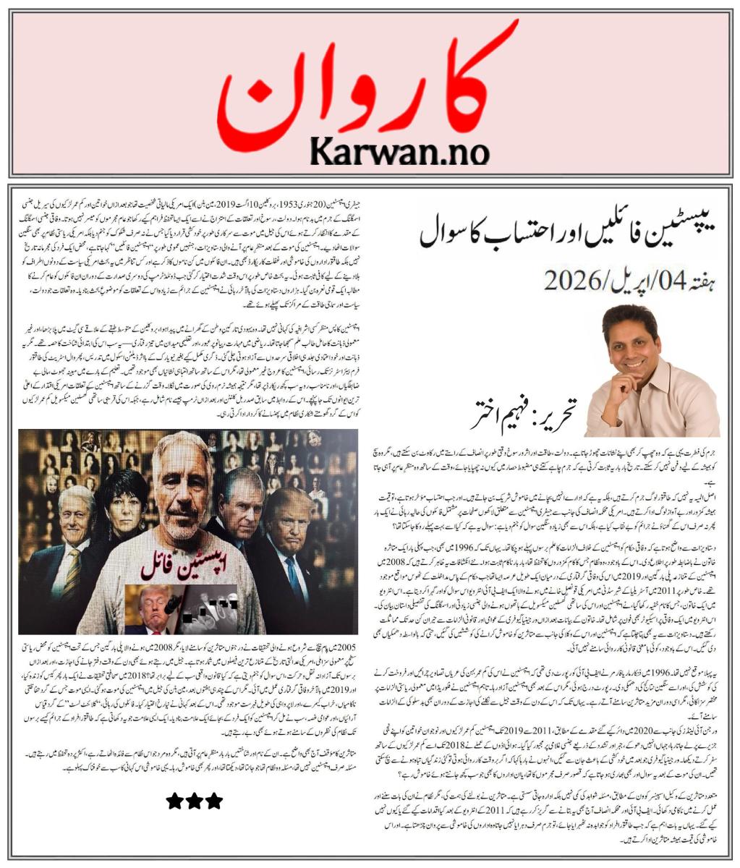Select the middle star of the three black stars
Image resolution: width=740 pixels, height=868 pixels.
coord(194,801)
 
